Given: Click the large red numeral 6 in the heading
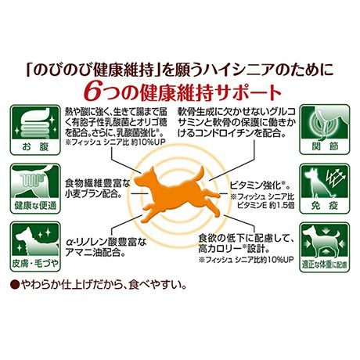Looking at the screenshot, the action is [94, 92].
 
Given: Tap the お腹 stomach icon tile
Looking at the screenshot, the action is [35, 130].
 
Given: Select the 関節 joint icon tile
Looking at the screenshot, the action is [325, 129].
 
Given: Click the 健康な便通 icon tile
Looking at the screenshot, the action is [35, 189].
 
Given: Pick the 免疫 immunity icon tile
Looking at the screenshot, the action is [325, 189].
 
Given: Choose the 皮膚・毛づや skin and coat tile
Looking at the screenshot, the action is [35, 247].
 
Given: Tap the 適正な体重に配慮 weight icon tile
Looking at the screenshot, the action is [325, 247].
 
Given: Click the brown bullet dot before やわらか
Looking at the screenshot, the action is [16, 285].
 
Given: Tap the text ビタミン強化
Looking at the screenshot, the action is [256, 185].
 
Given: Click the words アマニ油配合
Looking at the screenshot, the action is [94, 253].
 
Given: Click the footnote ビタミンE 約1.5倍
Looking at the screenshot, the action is [266, 206].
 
